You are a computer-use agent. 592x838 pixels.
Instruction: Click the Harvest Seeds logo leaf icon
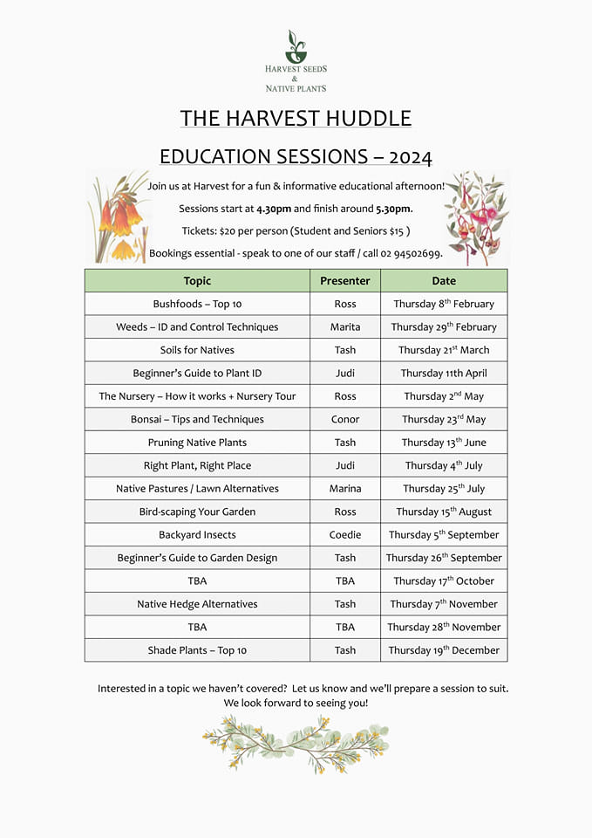click(296, 45)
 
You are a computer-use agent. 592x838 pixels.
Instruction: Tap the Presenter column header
click(344, 281)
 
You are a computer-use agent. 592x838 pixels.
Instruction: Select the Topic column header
click(197, 281)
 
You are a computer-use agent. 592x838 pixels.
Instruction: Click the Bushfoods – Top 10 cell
click(197, 304)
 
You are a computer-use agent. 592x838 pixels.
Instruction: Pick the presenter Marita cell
click(344, 327)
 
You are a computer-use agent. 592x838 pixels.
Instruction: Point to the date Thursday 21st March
click(444, 350)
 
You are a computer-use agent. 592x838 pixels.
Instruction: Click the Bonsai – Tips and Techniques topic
click(197, 419)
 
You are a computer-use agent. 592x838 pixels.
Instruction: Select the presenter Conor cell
click(344, 419)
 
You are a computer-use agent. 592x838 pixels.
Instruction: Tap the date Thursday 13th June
click(444, 443)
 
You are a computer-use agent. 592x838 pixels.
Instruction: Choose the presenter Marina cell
click(344, 489)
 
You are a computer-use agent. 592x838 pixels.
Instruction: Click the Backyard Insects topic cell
click(197, 535)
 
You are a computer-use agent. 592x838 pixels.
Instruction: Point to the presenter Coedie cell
click(344, 535)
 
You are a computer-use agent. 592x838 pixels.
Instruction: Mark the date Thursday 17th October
click(444, 581)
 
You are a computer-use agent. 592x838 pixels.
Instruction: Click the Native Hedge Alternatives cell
click(197, 604)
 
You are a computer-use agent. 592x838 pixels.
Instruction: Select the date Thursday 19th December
click(444, 650)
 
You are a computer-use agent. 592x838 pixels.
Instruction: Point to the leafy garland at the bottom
click(296, 743)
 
